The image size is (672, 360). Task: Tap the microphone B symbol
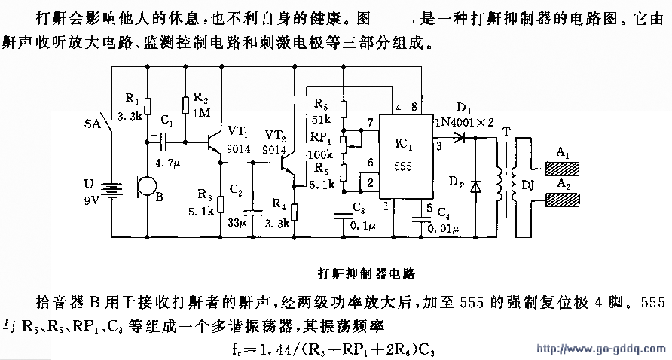point(145,185)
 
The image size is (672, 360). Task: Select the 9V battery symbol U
point(112,185)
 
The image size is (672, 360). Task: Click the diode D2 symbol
point(476,185)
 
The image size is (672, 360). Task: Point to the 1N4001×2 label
point(461,121)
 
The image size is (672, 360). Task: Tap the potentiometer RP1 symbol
point(343,142)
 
